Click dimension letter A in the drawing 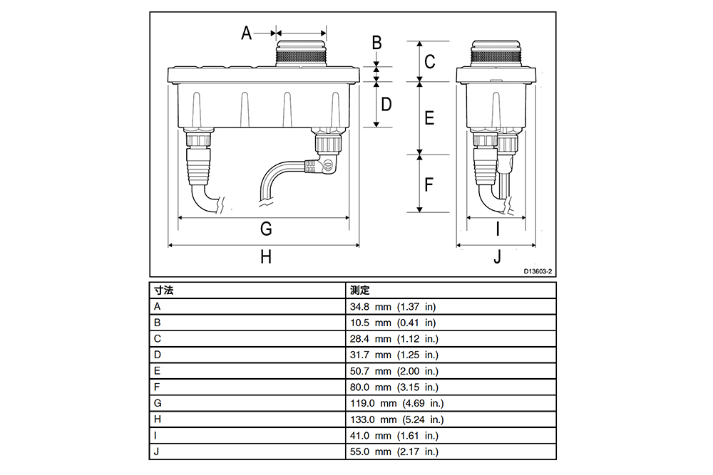[246, 33]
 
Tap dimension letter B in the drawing [377, 43]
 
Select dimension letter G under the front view [266, 229]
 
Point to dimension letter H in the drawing [266, 257]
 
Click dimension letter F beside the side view [429, 185]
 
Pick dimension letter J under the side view [497, 257]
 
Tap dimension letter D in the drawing [386, 105]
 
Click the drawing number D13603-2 [538, 271]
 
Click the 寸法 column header [164, 290]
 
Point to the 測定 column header [359, 290]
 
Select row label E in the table [158, 371]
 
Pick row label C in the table [158, 339]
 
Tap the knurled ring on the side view [496, 56]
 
